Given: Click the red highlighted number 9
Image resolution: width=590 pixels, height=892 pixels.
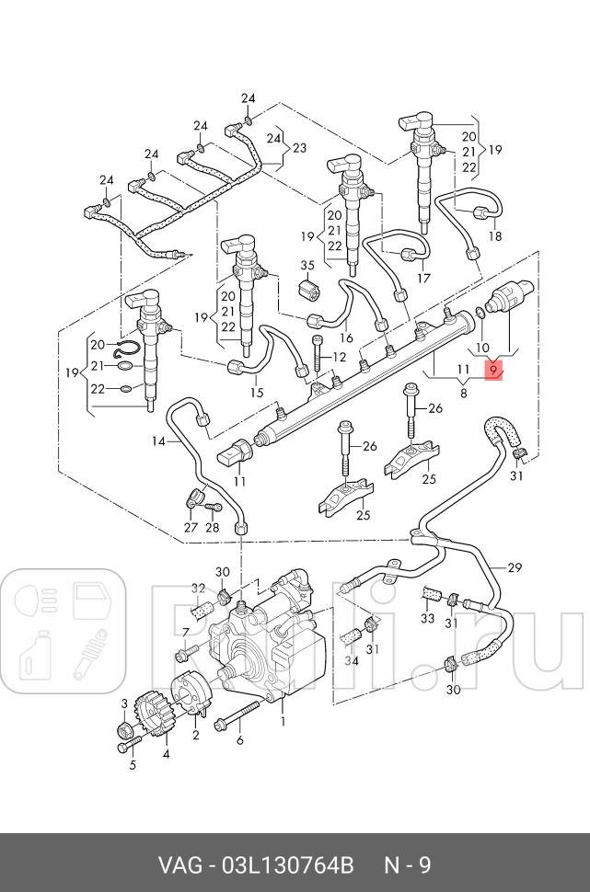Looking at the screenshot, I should [x=493, y=371].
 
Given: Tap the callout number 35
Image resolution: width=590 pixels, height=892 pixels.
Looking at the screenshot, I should [x=307, y=266].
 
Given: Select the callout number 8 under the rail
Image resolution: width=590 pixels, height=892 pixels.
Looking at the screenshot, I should [x=464, y=393].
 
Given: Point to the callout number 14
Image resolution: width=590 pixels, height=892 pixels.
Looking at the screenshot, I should [x=159, y=441].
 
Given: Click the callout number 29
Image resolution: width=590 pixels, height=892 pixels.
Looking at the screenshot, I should [x=514, y=567].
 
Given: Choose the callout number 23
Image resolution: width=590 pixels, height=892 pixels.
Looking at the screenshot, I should [x=299, y=148].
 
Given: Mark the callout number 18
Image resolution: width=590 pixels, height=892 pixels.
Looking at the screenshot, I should [x=495, y=235].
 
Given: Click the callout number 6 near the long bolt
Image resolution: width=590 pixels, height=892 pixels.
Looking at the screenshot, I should [x=240, y=741].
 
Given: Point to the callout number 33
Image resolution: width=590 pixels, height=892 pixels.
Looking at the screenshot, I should [x=427, y=618].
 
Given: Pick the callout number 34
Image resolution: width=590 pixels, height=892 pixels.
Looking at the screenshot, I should [x=352, y=660].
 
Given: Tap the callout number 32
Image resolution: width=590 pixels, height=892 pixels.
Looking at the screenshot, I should [x=198, y=589].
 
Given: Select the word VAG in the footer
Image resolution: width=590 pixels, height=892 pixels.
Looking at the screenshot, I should [x=179, y=865].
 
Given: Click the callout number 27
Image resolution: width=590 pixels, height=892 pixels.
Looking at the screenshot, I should [x=190, y=527].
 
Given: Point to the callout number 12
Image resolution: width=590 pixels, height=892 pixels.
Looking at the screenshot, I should [x=339, y=357].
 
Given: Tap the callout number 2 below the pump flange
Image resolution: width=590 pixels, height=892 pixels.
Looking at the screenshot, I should [x=195, y=736].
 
